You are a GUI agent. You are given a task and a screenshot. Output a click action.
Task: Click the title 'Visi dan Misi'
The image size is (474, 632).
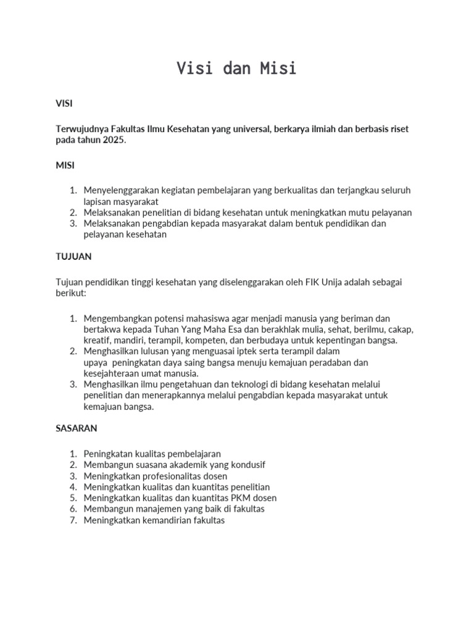coord(236,69)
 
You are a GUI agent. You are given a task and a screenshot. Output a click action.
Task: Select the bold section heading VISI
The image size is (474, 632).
coord(64,104)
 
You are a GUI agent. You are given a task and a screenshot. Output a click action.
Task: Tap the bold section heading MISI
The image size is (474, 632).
coord(65,165)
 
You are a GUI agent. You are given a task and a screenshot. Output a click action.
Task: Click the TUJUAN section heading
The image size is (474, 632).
coord(73,256)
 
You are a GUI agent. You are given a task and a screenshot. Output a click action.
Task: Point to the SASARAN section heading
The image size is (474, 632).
coord(77,428)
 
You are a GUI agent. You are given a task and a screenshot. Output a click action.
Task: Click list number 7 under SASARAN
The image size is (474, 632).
coord(72,520)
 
